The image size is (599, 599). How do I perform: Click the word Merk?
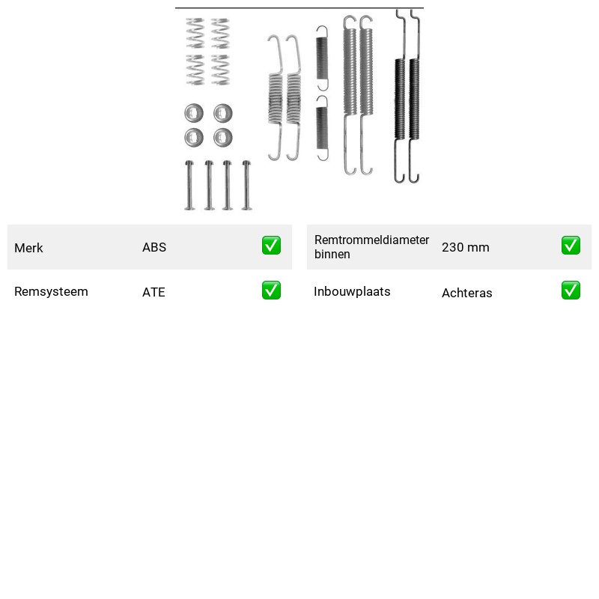pos(28,248)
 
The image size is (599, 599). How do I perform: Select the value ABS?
pos(154,247)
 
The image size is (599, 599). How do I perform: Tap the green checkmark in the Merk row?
pos(271,246)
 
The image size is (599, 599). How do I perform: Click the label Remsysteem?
pos(51,291)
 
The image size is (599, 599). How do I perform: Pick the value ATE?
pos(153,292)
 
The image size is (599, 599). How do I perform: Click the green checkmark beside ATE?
pos(271,291)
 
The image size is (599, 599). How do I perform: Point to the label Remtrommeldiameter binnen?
pos(371,247)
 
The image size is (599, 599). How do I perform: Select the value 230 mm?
pos(465,247)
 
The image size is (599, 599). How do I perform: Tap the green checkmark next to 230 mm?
pos(571,246)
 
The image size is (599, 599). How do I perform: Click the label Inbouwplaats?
pos(352,291)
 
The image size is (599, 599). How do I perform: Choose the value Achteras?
pos(466,293)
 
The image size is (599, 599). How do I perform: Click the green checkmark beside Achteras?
pos(571,291)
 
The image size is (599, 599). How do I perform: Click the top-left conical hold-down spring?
pos(195,33)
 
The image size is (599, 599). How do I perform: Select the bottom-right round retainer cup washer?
pos(223,138)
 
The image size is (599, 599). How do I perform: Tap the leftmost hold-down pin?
pos(190,185)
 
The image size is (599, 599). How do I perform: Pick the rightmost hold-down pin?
pos(247,185)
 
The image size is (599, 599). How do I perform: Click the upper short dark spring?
pos(322,58)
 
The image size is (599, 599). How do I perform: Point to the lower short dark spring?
pos(322,128)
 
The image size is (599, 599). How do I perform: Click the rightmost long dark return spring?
pos(415,97)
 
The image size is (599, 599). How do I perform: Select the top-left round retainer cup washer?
pos(194,113)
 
